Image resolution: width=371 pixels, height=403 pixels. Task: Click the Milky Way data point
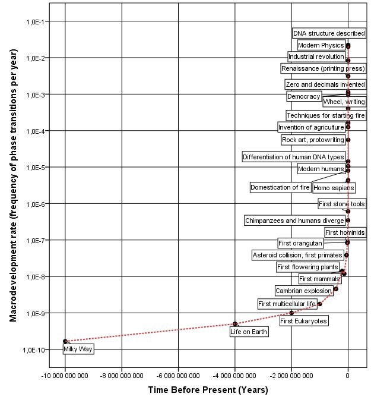tap(65, 341)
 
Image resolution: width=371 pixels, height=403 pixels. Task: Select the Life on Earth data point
tap(235, 323)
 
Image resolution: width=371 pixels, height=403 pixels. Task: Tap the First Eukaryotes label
tap(303, 321)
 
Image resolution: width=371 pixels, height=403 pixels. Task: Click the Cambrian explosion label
tap(303, 291)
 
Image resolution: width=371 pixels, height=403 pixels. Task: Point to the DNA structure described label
tap(329, 33)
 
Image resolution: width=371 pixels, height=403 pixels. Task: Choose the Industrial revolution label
tap(316, 56)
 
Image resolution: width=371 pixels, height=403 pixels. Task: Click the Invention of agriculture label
tap(311, 127)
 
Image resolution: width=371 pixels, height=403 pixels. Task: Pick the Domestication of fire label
tap(280, 187)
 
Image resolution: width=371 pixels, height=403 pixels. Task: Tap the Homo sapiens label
tap(334, 188)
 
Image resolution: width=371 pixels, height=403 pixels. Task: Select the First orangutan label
tap(300, 243)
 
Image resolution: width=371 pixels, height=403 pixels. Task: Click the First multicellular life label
tap(286, 304)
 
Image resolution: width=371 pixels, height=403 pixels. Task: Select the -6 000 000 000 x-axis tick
tap(178, 376)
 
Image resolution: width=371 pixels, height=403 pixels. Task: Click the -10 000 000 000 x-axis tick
tap(65, 376)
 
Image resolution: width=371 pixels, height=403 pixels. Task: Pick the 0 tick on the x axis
tap(348, 376)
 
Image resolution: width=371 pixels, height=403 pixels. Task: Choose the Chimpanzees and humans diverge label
tap(294, 221)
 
